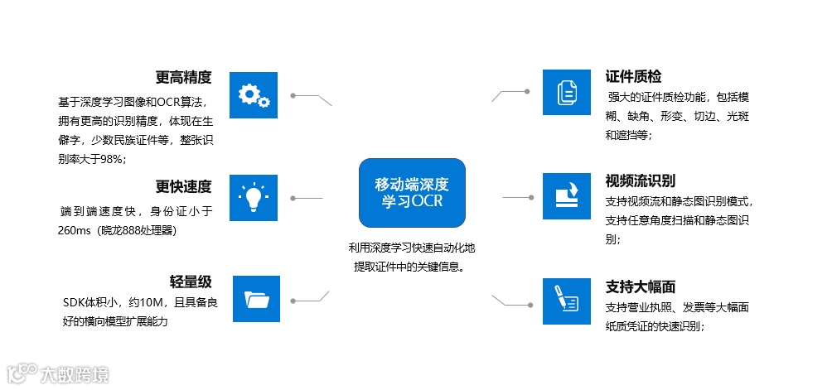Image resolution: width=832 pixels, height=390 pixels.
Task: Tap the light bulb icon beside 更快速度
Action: pyautogui.click(x=253, y=198)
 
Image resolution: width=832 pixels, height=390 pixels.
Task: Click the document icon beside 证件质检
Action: pyautogui.click(x=567, y=92)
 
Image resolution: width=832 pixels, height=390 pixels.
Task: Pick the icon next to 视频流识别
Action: pyautogui.click(x=567, y=197)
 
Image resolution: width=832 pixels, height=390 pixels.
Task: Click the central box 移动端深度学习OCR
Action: pyautogui.click(x=412, y=193)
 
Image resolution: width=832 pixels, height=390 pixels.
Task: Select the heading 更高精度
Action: pyautogui.click(x=183, y=78)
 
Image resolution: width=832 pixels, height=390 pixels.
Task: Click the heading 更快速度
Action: pyautogui.click(x=183, y=185)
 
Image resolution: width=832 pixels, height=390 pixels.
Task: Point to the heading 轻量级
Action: pyautogui.click(x=191, y=282)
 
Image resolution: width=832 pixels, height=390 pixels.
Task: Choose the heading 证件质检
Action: pyautogui.click(x=633, y=77)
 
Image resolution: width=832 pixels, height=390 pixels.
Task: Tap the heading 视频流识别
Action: pyautogui.click(x=641, y=180)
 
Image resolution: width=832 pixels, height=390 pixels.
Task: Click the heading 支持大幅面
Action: pyautogui.click(x=640, y=286)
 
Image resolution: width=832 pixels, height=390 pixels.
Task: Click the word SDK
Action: pyautogui.click(x=75, y=302)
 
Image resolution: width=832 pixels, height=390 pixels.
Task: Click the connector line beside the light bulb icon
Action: pyautogui.click(x=307, y=198)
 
